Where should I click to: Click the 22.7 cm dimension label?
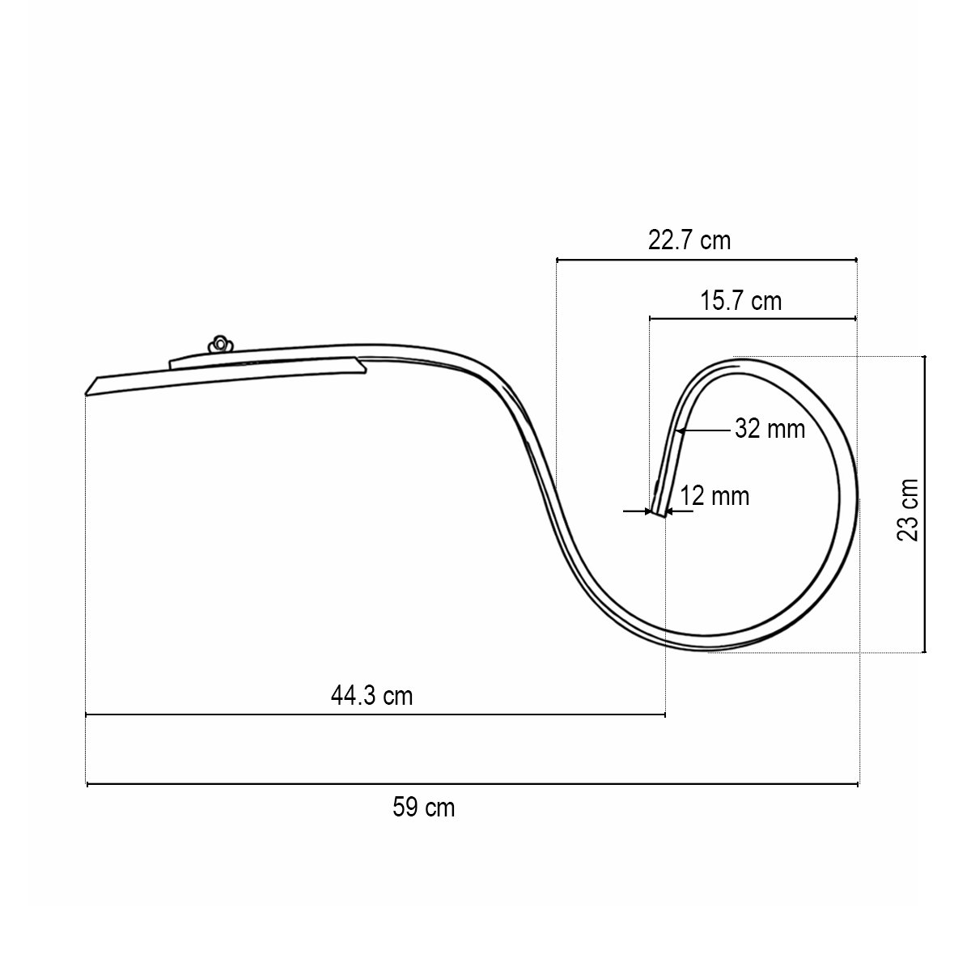click(689, 240)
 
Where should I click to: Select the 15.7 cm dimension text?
click(740, 301)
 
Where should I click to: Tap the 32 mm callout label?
click(770, 428)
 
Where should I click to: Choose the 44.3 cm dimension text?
click(371, 695)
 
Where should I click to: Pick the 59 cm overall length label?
click(423, 807)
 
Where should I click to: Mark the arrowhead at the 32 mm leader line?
click(681, 430)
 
